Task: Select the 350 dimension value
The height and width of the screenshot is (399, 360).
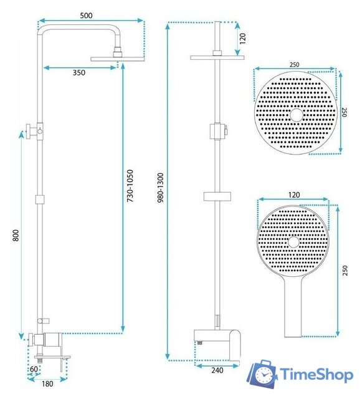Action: coord(79,72)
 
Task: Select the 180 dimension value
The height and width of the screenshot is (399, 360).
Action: coord(47,384)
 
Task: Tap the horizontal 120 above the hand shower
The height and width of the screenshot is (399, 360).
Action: coord(295,195)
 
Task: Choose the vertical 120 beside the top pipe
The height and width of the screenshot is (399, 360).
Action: coord(243,39)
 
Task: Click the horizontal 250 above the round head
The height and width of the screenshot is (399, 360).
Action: coord(295,64)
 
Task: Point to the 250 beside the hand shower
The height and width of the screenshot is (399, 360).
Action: coord(344,269)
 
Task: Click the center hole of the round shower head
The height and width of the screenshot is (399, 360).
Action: coord(295,115)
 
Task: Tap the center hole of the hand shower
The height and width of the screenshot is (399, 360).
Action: coord(295,242)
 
